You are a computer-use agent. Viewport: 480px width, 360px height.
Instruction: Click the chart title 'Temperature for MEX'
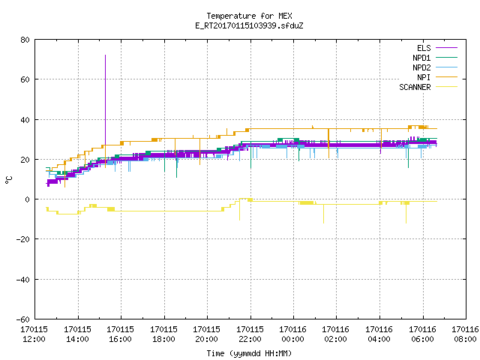coord(249,16)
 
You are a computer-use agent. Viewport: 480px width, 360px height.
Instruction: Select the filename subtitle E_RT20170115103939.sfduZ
coord(249,25)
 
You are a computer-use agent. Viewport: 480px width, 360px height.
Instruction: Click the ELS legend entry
coord(437,48)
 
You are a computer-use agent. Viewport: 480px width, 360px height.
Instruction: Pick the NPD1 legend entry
coord(435,58)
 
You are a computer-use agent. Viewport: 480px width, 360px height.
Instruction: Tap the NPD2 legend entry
coord(435,67)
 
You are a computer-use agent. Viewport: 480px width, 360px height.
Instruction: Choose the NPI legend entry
coord(437,77)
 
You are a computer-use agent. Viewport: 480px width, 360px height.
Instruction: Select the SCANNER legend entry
coord(428,87)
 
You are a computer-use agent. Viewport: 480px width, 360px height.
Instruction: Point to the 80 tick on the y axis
coord(25,40)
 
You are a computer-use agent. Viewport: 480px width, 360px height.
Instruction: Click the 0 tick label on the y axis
coord(28,199)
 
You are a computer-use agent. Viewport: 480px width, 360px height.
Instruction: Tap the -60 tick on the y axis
coord(23,319)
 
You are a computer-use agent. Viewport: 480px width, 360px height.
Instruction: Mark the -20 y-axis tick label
coord(23,239)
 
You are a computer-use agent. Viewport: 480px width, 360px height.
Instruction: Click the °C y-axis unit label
coord(8,180)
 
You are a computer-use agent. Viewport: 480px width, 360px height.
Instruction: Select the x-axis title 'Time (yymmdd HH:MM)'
coord(249,353)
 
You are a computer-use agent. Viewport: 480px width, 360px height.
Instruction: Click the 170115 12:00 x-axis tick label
coord(34,334)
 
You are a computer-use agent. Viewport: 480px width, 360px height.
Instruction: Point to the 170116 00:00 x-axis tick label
coord(293,334)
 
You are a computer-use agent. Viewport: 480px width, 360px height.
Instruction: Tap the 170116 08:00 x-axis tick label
coord(465,334)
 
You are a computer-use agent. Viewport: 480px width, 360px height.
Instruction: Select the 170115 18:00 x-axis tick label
coord(163,334)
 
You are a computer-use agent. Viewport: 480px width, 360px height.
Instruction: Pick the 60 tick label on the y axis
coord(25,79)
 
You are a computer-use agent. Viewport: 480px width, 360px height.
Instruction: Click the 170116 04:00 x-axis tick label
coord(379,334)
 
